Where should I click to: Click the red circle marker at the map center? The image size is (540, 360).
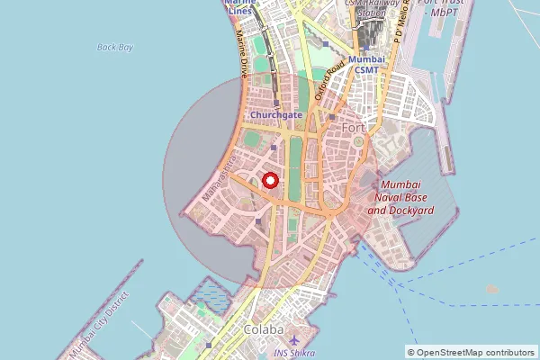point(270,181)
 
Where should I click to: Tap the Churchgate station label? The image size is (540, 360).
point(276,115)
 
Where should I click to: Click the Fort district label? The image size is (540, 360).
point(355,130)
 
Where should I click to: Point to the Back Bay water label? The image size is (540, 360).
point(114,47)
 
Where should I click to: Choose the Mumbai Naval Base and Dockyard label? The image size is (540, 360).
point(401,196)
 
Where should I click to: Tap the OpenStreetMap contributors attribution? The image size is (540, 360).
point(471,352)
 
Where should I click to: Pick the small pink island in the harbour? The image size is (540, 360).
point(491,289)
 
